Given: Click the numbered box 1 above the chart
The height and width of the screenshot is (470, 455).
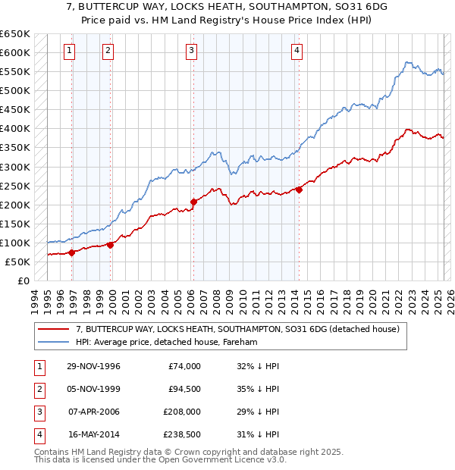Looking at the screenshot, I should point(69,51).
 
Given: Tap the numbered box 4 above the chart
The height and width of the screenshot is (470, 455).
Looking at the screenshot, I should point(297,51).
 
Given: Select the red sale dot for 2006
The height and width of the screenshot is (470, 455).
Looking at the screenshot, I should point(193,202).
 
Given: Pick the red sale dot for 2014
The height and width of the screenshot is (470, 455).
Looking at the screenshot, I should point(299,190).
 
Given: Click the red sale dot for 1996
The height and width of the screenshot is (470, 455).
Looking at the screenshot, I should point(72,252).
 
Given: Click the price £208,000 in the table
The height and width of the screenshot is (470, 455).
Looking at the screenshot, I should point(181,412).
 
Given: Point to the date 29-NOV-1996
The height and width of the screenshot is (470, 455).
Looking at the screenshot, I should point(94,367).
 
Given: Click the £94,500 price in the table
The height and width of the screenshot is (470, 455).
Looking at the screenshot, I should point(184,390).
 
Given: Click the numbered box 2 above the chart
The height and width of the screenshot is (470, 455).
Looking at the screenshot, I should point(108,51).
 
